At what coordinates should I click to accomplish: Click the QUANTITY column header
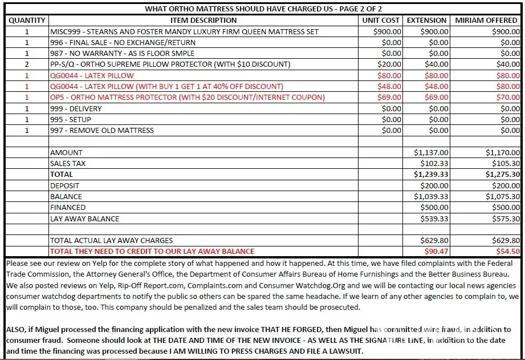[27, 21]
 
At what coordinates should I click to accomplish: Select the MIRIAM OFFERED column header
[486, 21]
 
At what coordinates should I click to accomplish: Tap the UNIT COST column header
[381, 21]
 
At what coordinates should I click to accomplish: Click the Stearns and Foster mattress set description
[184, 32]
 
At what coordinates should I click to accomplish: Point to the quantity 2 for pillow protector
[27, 64]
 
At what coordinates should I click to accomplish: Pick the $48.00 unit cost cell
[389, 87]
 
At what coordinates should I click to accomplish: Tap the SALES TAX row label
[68, 164]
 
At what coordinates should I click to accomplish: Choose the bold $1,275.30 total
[503, 175]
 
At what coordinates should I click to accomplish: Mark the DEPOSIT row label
[65, 185]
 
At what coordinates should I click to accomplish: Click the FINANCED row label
[68, 208]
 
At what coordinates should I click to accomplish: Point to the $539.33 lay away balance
[434, 219]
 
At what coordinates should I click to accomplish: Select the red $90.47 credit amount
[437, 251]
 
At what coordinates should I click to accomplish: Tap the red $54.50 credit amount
[508, 251]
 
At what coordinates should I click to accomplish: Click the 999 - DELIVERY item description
[76, 108]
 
